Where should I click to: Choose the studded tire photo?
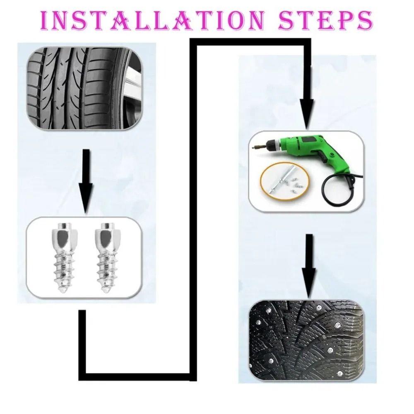click(306, 339)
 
